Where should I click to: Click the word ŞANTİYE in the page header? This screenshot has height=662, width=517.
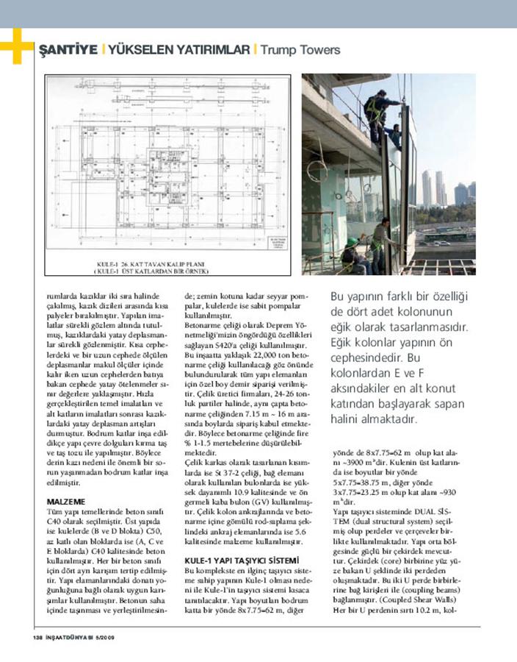tap(67, 50)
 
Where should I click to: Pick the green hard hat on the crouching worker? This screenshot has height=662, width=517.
tap(352, 241)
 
